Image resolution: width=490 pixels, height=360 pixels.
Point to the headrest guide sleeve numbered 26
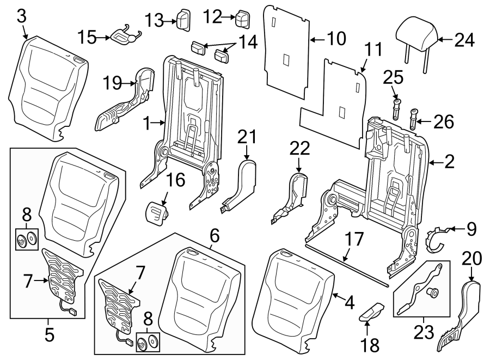point(414,118)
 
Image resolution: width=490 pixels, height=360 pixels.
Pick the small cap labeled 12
point(241,19)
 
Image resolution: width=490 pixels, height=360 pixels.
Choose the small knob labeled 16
point(156,210)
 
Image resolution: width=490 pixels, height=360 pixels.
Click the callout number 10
point(336,38)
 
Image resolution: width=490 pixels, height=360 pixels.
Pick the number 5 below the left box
point(50,334)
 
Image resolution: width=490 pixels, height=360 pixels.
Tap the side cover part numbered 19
point(126,98)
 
